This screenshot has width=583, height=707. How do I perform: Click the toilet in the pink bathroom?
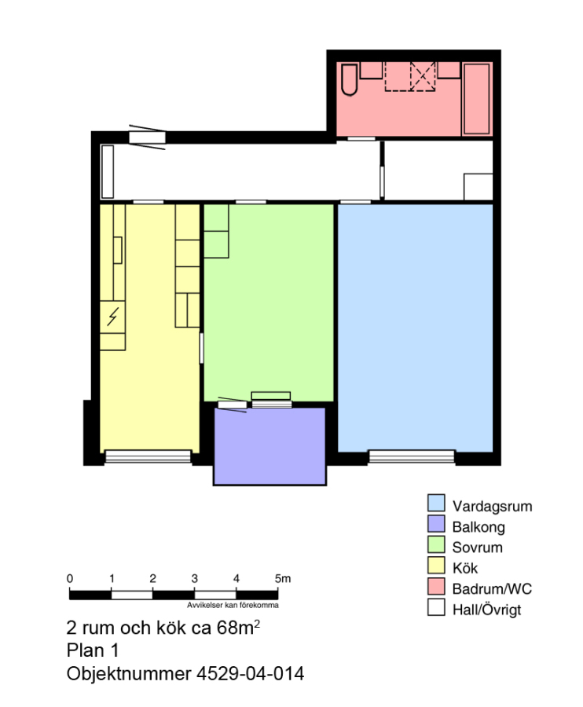coord(349,80)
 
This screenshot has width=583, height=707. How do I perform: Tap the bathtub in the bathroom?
coord(477,99)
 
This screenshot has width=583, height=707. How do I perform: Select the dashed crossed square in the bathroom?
coord(423,76)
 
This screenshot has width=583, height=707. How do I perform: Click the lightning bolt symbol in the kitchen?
coord(112,317)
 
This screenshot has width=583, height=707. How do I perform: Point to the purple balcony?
coord(269,446)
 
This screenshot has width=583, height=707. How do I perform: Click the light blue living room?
coord(416,328)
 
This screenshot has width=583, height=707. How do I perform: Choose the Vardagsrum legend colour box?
coord(436,503)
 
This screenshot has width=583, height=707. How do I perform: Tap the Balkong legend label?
coord(478,526)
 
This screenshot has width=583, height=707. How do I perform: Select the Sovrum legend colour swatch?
coord(436,544)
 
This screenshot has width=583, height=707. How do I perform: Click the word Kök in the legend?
coord(465,568)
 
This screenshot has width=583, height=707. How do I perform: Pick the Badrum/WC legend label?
coord(492,589)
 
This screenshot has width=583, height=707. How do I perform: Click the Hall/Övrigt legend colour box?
coord(436,607)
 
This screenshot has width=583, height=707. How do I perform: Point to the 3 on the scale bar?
coord(194,578)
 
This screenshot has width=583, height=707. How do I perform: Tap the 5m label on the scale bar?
coord(283,578)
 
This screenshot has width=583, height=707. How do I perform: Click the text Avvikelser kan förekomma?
coord(233,605)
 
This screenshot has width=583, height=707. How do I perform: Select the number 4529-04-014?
coord(250,674)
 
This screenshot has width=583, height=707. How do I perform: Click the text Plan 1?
coord(93,650)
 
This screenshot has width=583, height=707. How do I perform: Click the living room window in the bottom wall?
coord(412,456)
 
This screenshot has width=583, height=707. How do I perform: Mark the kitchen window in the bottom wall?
coord(148,456)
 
